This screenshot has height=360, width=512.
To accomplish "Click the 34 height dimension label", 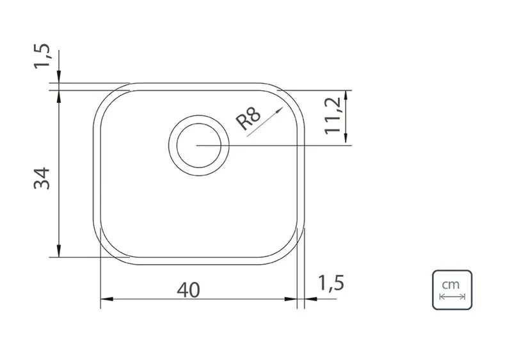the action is (42, 178).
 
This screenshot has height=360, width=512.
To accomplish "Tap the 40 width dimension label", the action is (188, 290).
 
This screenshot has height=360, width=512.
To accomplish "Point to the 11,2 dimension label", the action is (333, 116).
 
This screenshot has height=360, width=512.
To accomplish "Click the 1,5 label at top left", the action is (42, 56).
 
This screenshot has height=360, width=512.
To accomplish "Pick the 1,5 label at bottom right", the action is (331, 283).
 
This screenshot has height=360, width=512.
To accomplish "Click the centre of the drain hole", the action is (198, 146).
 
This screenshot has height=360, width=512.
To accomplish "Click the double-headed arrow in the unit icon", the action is (452, 297).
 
